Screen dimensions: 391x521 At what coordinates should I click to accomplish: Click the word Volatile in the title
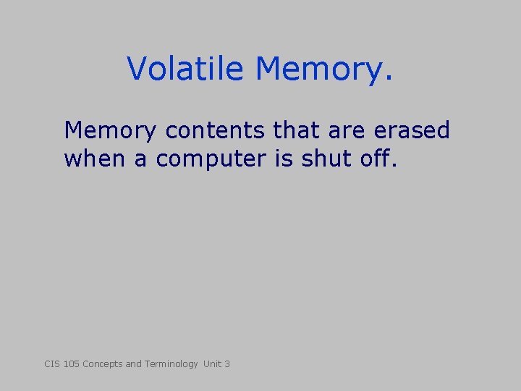pyautogui.click(x=187, y=69)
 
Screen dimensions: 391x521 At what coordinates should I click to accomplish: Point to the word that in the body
pyautogui.click(x=297, y=131)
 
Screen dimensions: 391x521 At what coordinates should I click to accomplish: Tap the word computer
pyautogui.click(x=211, y=159)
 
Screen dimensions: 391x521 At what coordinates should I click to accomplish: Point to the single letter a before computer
pyautogui.click(x=140, y=159)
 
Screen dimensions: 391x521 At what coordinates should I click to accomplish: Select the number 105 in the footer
pyautogui.click(x=71, y=363)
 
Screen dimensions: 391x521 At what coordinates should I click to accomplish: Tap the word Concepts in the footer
pyautogui.click(x=102, y=364)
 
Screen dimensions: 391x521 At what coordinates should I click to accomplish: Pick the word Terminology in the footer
pyautogui.click(x=171, y=364)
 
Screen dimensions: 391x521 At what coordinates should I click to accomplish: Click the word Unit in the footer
pyautogui.click(x=212, y=363)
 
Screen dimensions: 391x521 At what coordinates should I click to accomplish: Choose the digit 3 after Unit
pyautogui.click(x=227, y=363)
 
